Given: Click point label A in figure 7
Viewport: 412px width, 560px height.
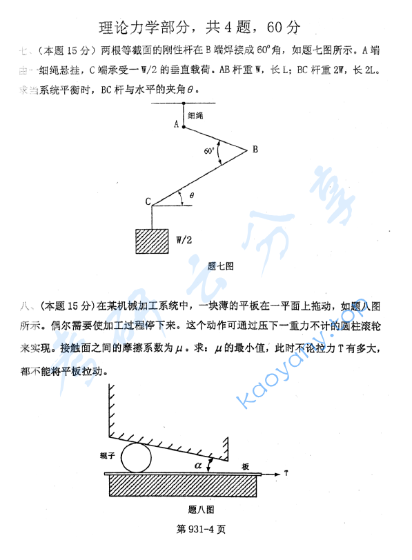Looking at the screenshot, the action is (177, 124).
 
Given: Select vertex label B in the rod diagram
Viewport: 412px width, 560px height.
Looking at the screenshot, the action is (255, 149).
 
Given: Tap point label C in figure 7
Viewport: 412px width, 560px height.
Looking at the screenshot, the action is (148, 201).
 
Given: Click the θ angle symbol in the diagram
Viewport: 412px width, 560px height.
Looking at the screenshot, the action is (192, 196).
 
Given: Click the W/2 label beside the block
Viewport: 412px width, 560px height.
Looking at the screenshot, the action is (184, 241).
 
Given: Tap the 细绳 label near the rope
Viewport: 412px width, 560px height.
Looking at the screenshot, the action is (196, 116).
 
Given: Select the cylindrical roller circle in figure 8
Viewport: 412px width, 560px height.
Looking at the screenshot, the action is (137, 457).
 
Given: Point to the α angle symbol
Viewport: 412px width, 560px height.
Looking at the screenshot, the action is (198, 466).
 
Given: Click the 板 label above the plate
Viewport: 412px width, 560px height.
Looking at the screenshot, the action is (245, 467).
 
